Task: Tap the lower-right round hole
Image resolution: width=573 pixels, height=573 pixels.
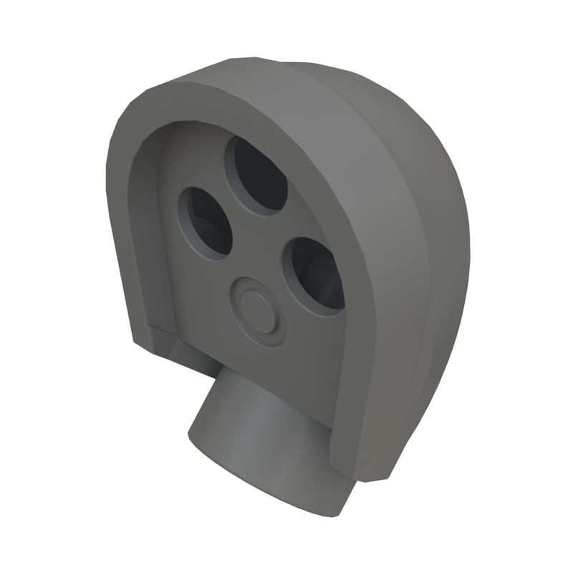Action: pyautogui.click(x=314, y=276)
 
